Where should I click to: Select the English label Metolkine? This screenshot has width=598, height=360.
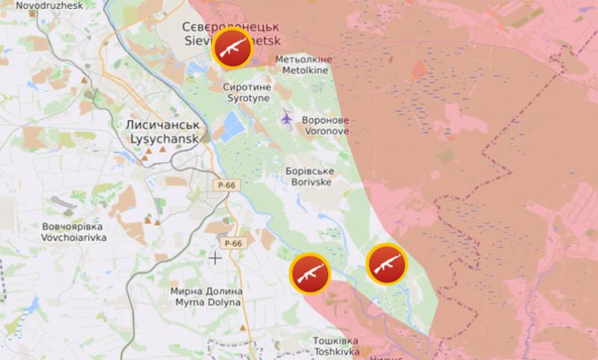pos(306,70)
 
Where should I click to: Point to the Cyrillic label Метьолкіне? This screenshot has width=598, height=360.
pos(304,59)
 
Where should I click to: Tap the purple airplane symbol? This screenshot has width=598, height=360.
pos(287,117)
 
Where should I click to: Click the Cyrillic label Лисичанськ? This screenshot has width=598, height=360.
pos(162,126)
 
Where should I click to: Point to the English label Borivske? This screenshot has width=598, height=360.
pos(309,181)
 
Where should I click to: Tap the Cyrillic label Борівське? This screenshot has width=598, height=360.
pos(309,170)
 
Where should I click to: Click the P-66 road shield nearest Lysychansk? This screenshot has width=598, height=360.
pos(227,184)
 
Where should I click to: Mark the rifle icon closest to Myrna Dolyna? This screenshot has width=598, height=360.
pos(309,273)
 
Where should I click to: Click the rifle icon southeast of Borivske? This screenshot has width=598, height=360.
pos(386,264)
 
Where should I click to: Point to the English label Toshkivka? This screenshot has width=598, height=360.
pos(336,351)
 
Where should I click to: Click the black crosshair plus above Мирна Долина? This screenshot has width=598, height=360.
pos(215,258)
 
